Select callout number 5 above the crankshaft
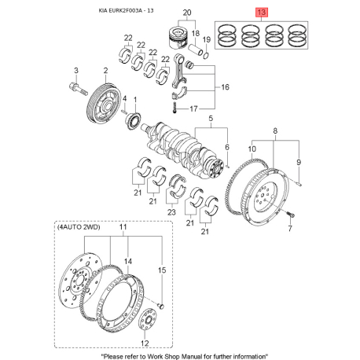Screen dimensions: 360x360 211,119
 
